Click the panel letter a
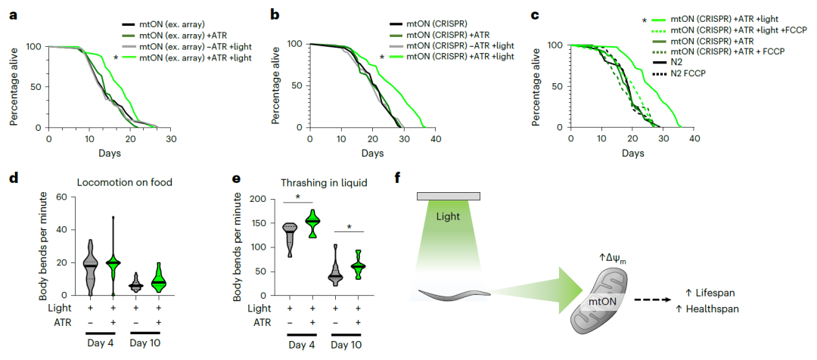11,14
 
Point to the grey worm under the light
453,291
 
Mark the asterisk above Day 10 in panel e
348,225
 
